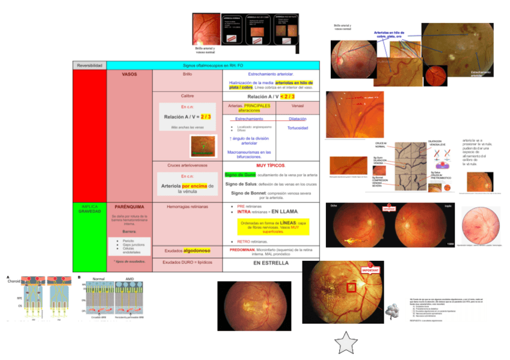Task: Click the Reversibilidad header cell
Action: click(89, 65)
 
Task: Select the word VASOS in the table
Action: click(129, 75)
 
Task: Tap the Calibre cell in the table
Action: click(187, 96)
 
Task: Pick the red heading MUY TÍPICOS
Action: click(270, 164)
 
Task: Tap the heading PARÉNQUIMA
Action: click(129, 206)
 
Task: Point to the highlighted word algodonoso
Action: click(196, 250)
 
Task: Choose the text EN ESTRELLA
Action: click(270, 263)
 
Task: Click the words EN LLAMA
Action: click(284, 212)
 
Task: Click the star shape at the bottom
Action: click(346, 344)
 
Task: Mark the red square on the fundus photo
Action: click(351, 288)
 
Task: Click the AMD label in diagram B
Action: click(129, 279)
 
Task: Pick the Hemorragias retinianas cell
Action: click(187, 206)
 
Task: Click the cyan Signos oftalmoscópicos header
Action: click(212, 65)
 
